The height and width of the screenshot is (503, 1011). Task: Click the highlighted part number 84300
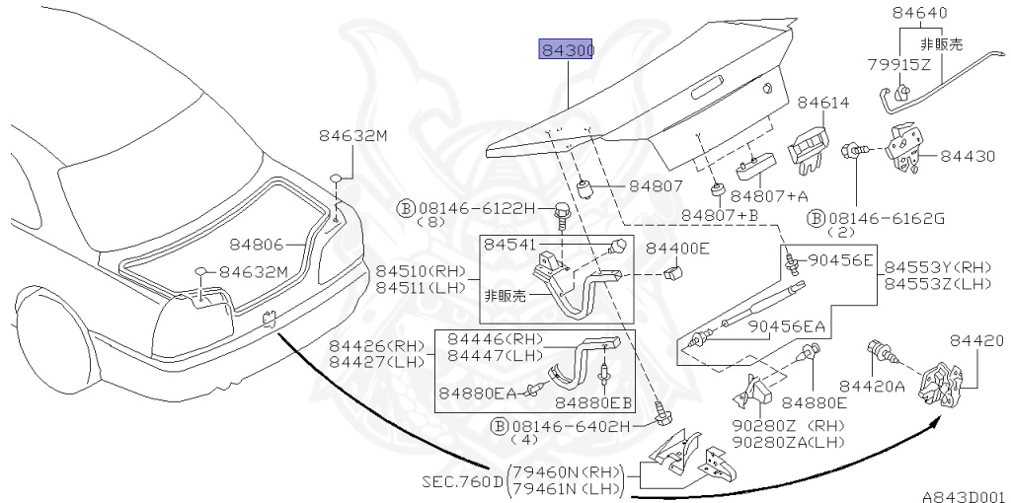(565, 50)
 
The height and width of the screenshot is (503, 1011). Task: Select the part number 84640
(918, 14)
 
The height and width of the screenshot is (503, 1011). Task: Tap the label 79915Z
(899, 66)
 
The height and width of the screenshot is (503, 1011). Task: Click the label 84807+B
(720, 214)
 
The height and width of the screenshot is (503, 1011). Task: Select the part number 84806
(257, 243)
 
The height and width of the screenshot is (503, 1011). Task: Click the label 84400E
(677, 249)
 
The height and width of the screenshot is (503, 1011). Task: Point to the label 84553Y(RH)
(937, 266)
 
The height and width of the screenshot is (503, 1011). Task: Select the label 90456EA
(786, 326)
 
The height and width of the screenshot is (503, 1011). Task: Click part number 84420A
(872, 387)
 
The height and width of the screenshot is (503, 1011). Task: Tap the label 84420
(976, 341)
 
